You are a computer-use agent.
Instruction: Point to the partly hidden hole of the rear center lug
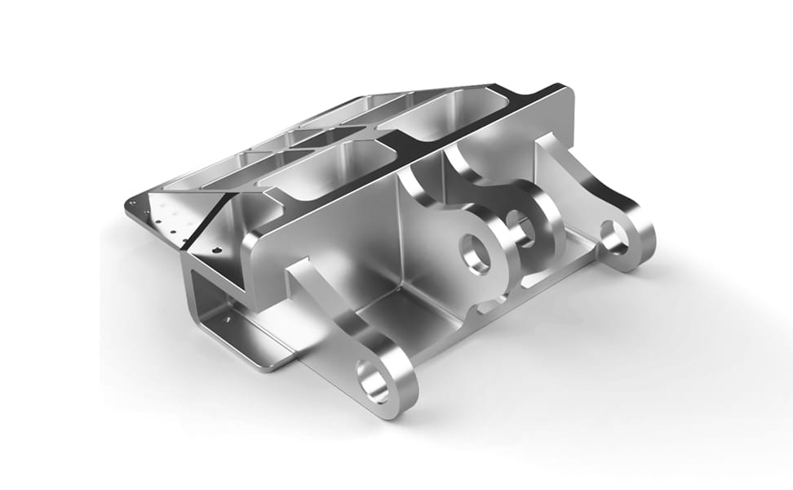[x=517, y=221]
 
